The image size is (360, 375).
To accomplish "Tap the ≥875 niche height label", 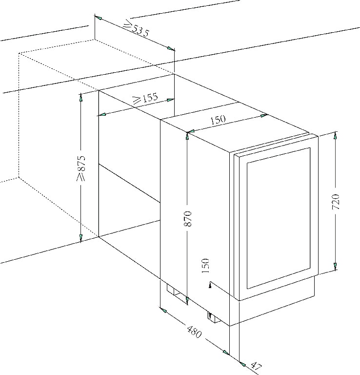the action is [81, 168].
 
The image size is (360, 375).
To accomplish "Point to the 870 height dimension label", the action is [187, 219].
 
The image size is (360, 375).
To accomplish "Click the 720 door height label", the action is [336, 202].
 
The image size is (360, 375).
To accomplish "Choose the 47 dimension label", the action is [256, 367].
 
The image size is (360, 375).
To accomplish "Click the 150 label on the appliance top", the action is [218, 120].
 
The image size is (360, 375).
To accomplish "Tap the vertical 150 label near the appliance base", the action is [205, 266].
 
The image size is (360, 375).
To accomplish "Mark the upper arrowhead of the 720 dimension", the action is [336, 135].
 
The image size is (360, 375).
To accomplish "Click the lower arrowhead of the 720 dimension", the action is [335, 267].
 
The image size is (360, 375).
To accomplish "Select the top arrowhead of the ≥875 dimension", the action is [81, 97].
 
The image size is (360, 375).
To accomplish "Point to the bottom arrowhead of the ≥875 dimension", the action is [81, 238].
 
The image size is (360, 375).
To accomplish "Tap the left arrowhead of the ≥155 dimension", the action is [101, 115].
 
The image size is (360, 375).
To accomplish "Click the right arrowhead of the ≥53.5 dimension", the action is [171, 48].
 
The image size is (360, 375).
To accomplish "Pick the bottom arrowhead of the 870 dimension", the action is [187, 301].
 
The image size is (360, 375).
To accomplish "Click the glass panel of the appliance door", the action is [279, 218].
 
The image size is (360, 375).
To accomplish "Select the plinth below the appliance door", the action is [277, 301].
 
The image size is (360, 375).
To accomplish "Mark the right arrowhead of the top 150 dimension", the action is [263, 116].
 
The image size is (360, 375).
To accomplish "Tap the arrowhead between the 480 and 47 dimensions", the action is [225, 352].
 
